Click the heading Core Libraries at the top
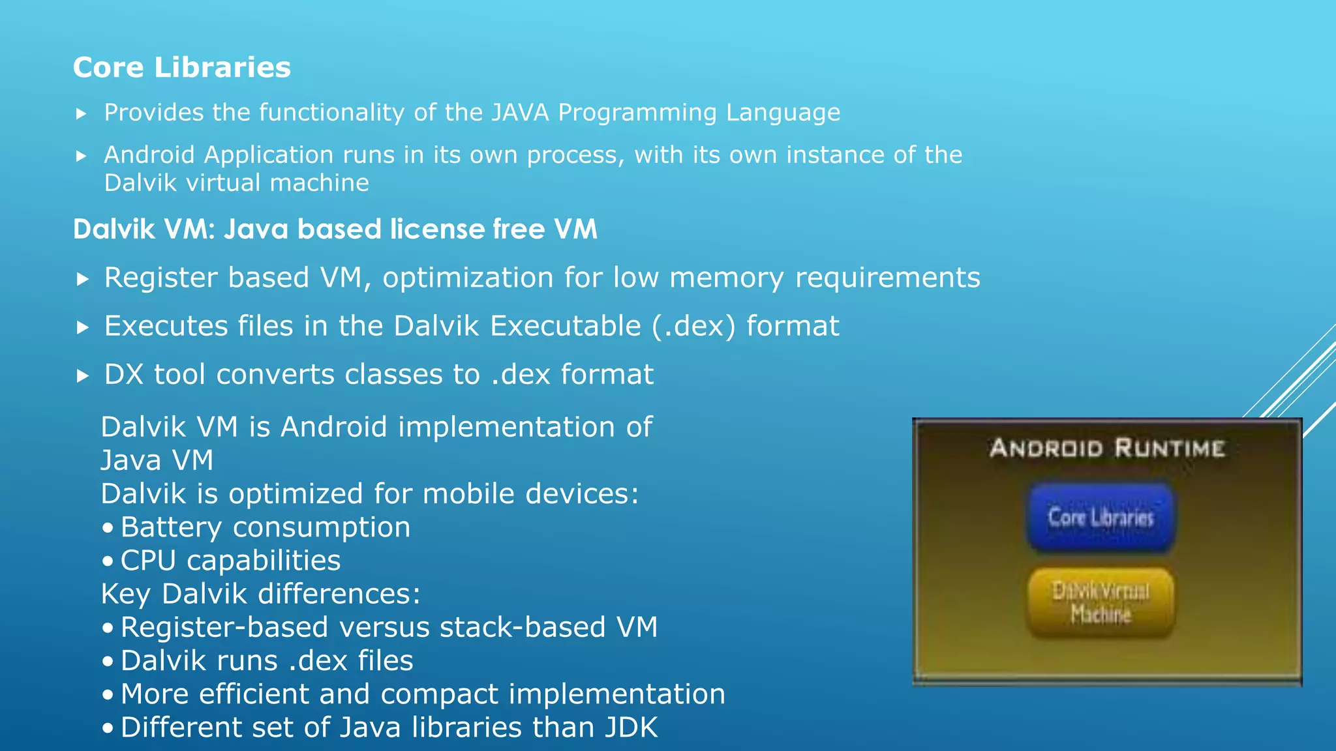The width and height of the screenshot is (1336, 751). pos(181,67)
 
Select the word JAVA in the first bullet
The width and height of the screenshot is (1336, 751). pos(520,113)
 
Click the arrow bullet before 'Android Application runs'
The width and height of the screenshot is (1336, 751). pos(82,156)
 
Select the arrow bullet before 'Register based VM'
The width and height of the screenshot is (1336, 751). pos(82,280)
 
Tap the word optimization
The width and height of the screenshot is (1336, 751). pos(468,278)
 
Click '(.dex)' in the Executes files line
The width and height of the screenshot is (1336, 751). pos(693,326)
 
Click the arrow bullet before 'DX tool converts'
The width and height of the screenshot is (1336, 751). pos(82,376)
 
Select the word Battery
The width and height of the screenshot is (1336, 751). pos(171,527)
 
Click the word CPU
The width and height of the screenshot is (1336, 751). pos(149,561)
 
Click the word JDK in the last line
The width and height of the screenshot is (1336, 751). pos(631,728)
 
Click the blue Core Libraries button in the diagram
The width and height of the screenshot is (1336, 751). pos(1101,517)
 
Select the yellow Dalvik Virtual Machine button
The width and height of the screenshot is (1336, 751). pos(1101,602)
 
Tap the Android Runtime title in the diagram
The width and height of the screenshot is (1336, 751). pos(1107,449)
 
